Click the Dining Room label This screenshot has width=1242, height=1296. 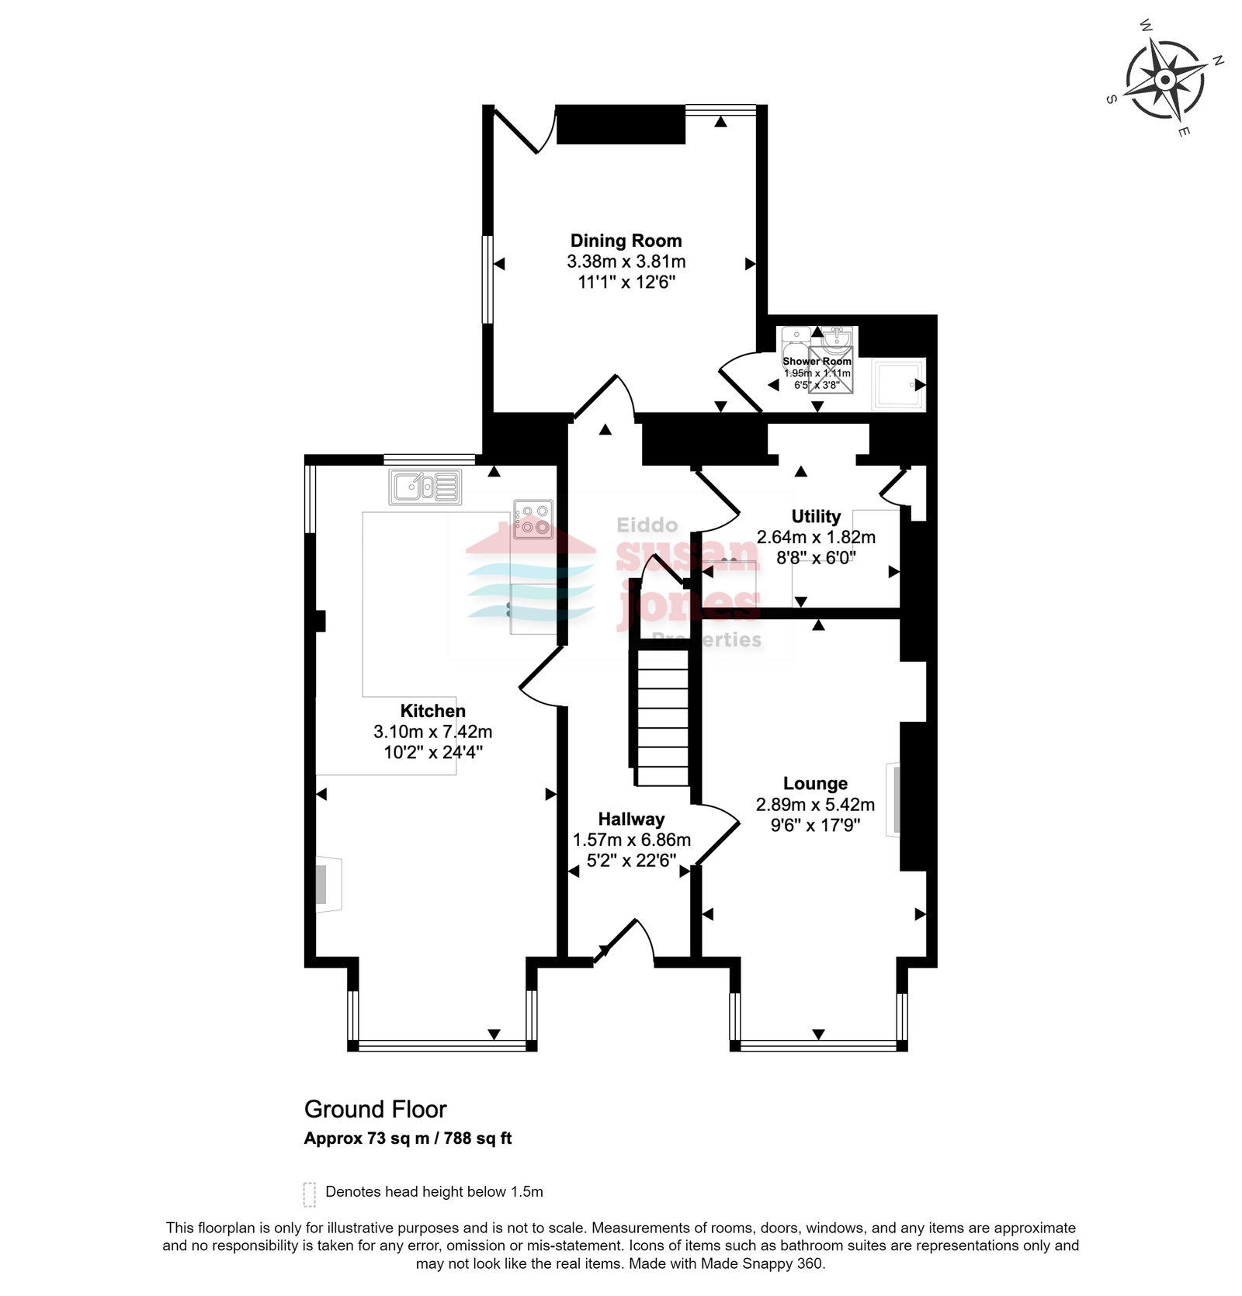click(x=626, y=241)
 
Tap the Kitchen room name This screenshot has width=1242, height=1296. click(x=432, y=711)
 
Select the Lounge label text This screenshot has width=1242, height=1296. click(x=815, y=784)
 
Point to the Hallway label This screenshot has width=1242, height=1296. click(x=631, y=820)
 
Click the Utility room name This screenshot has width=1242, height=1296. click(x=816, y=517)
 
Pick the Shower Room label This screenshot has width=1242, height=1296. click(x=817, y=361)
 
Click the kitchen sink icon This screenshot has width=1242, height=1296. click(x=425, y=487)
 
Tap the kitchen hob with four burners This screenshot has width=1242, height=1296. click(x=533, y=520)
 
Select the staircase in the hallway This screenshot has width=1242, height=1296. click(x=663, y=718)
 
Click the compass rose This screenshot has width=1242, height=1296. click(x=1165, y=80)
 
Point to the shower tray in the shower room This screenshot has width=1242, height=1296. click(x=898, y=384)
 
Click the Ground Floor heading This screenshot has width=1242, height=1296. click(x=376, y=1109)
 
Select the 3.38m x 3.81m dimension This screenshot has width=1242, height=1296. click(x=626, y=262)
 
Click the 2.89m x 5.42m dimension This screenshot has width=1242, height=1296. click(x=815, y=805)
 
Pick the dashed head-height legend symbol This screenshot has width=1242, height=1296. click(x=309, y=1194)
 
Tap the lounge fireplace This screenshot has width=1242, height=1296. click(x=893, y=800)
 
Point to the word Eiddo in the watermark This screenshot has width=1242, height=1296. click(x=647, y=525)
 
